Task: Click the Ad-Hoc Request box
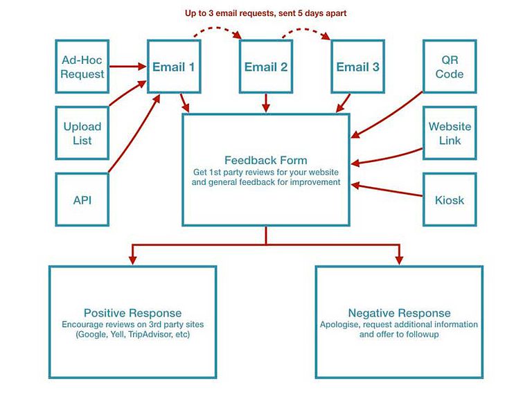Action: click(x=82, y=66)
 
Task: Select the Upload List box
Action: click(x=82, y=133)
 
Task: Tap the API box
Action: click(x=82, y=199)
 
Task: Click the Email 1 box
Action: click(x=174, y=66)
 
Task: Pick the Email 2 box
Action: click(x=265, y=66)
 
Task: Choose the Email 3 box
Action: click(x=357, y=66)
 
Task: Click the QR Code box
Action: click(x=450, y=66)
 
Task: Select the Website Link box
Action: click(x=450, y=133)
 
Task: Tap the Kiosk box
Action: click(x=450, y=199)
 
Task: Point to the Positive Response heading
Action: click(x=132, y=312)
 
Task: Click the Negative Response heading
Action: click(x=399, y=312)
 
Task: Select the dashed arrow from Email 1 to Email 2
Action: click(x=220, y=30)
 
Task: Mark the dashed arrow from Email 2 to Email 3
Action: click(x=311, y=30)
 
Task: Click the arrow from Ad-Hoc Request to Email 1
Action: click(x=127, y=67)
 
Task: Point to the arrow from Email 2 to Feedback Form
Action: click(x=265, y=103)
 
